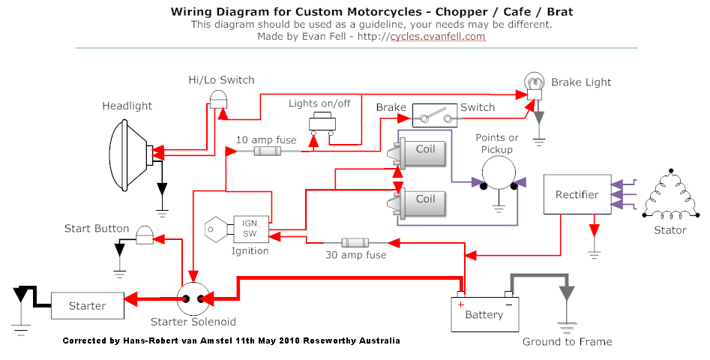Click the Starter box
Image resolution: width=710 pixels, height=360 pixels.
[x=88, y=306]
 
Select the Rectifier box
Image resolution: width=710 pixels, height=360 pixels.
[x=577, y=195]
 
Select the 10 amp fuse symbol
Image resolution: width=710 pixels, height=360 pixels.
[x=268, y=151]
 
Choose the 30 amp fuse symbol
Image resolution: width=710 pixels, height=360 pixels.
[x=355, y=243]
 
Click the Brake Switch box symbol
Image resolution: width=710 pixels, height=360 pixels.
[x=436, y=117]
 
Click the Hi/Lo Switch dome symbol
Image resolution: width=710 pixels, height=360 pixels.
[x=218, y=98]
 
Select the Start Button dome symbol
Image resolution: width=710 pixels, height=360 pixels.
[x=143, y=235]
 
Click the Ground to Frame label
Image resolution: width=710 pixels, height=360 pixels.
[x=567, y=342]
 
